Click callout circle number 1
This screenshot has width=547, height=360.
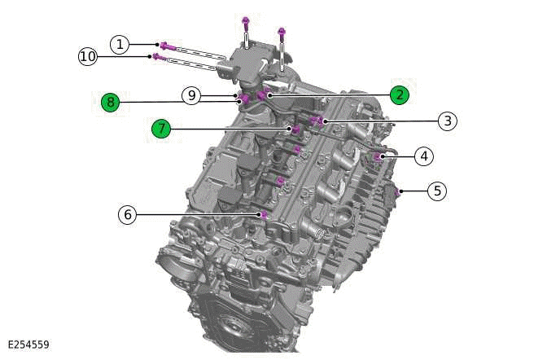120,44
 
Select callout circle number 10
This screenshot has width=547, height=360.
88,56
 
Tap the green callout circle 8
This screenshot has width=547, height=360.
111,102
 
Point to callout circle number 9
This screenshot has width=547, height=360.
191,96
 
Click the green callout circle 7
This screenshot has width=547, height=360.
161,128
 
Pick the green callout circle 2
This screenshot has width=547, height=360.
399,94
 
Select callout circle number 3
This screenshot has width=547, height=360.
446,121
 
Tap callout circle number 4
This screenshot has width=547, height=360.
423,155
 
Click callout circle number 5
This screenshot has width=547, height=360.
438,191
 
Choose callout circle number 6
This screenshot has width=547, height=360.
127,214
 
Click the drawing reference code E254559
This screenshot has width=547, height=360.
28,345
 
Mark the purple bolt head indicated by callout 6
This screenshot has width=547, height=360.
264,214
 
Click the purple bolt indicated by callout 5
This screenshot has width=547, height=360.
398,191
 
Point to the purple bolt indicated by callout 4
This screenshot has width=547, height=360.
378,155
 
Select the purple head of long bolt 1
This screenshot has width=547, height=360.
164,46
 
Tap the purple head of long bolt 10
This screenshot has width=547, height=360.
155,56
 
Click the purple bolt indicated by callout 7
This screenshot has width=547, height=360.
288,128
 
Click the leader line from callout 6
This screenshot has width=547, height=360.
195,214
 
